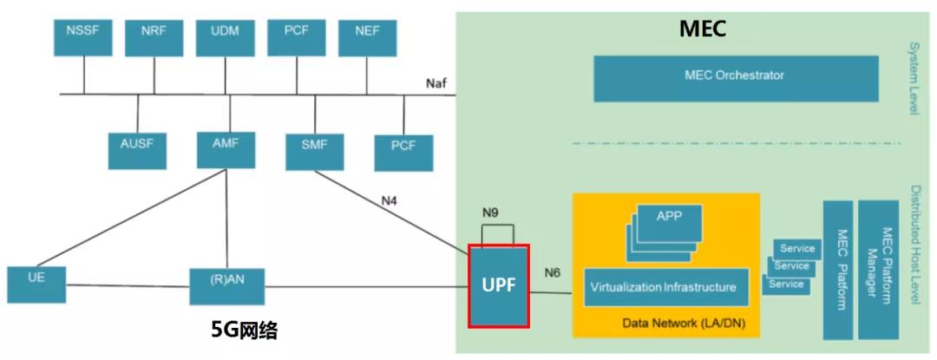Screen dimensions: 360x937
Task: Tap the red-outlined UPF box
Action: point(498,285)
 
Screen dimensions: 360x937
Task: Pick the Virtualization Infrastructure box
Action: point(665,286)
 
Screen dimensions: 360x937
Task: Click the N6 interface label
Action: point(553,272)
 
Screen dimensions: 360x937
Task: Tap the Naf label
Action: point(437,82)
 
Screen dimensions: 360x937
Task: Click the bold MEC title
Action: point(701,29)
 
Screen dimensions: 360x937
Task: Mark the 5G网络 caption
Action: point(245,331)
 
